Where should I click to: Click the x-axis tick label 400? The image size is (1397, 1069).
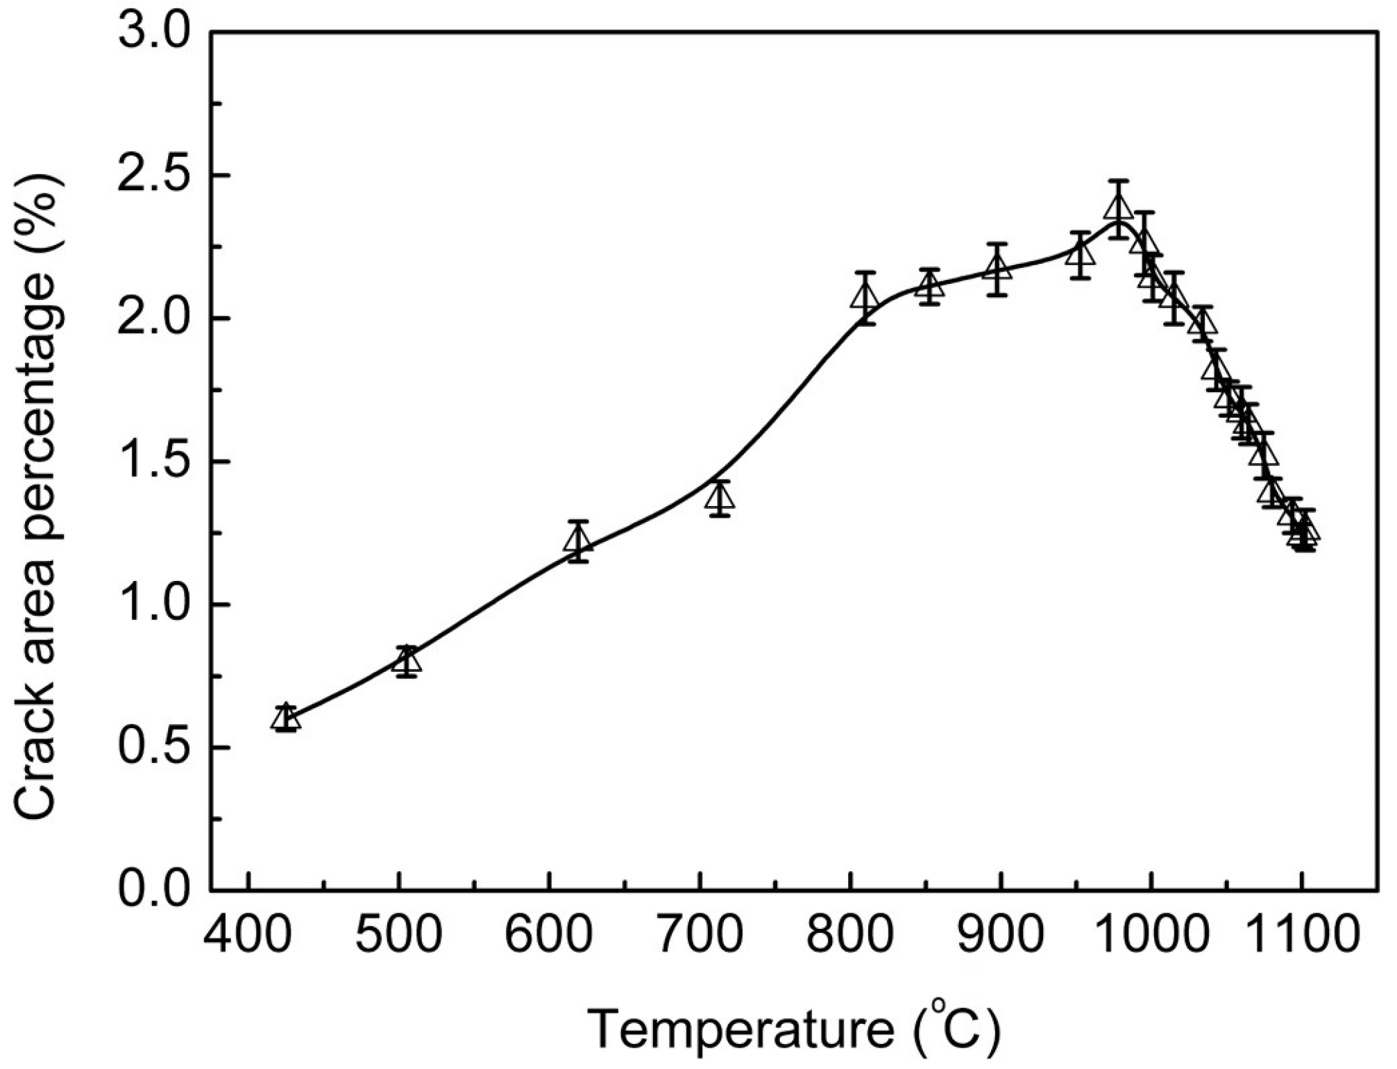click(x=248, y=936)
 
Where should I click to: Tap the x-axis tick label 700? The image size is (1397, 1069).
click(x=700, y=936)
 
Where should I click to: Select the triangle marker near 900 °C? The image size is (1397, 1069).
click(x=997, y=269)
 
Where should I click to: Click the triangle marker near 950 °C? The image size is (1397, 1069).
click(x=1079, y=255)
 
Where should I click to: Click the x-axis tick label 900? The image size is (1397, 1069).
click(x=1001, y=936)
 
